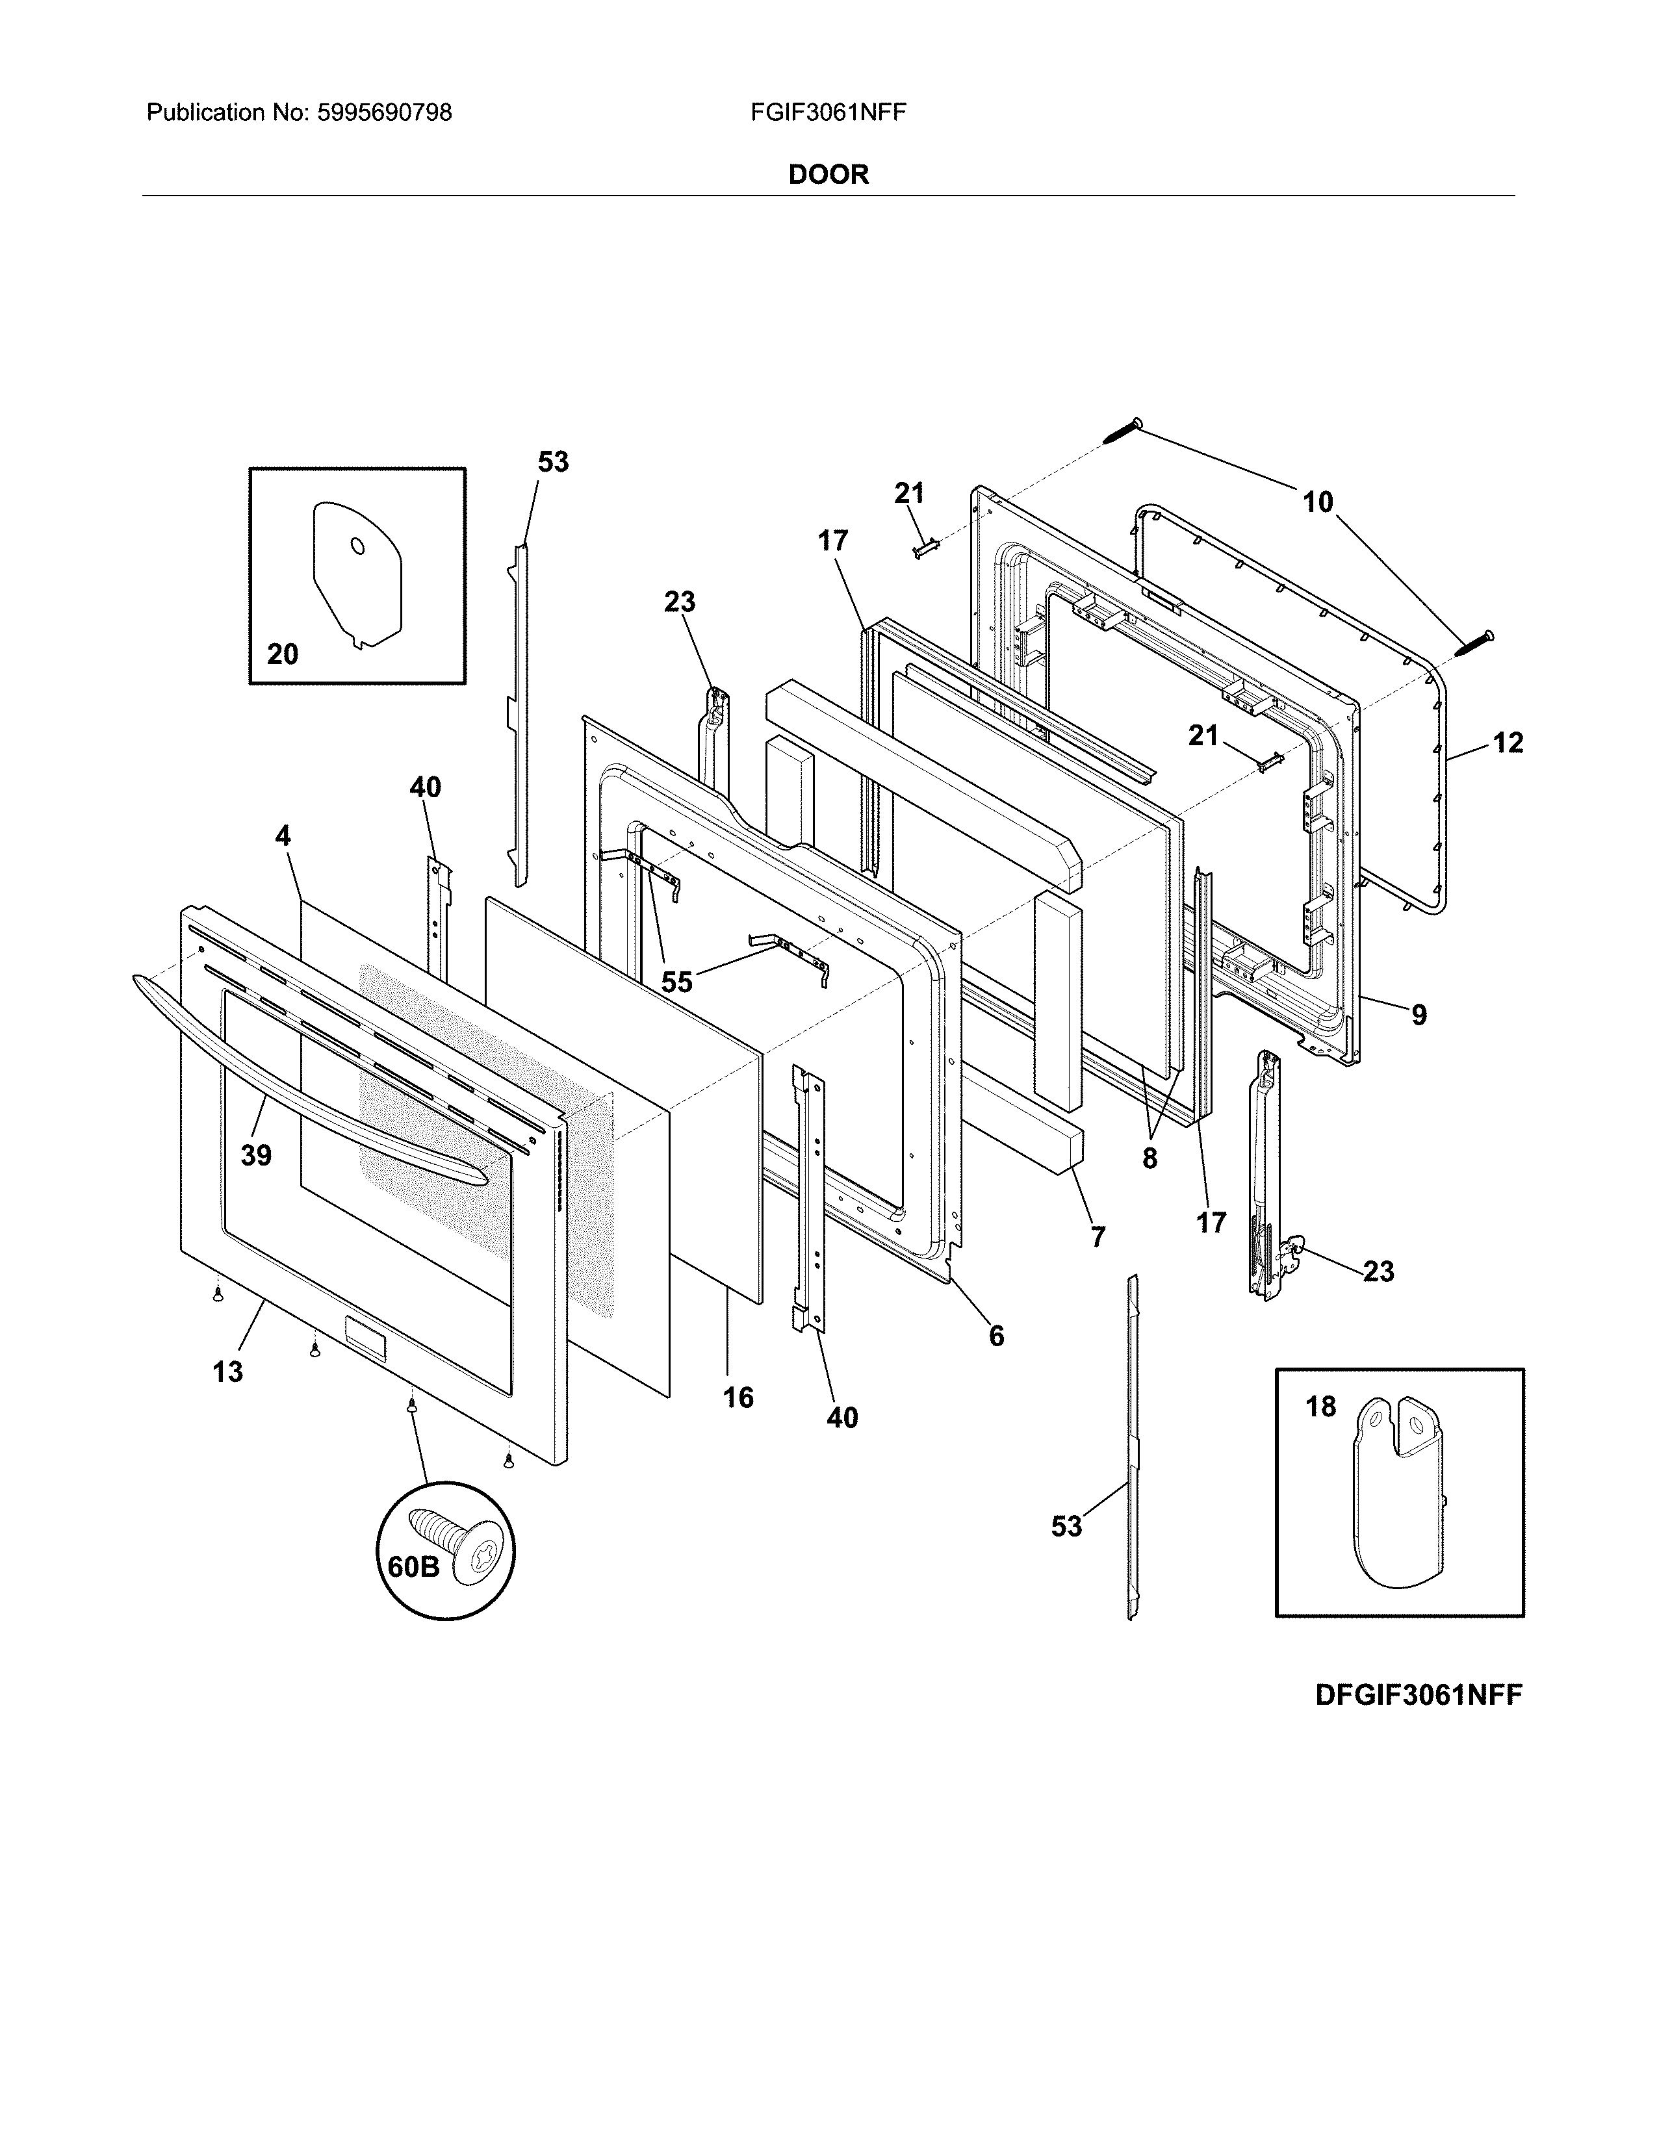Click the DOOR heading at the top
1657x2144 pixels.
point(828,175)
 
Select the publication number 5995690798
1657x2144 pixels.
point(385,113)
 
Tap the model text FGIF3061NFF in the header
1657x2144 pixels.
point(827,113)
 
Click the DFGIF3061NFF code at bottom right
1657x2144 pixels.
point(1419,1695)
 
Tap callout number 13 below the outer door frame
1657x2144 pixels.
point(227,1372)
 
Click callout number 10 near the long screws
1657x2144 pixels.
point(1317,503)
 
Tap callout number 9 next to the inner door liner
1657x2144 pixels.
point(1419,1014)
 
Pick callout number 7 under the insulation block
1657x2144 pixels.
point(1098,1237)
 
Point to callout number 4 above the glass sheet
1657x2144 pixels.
point(283,836)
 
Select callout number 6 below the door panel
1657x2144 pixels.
point(996,1335)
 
